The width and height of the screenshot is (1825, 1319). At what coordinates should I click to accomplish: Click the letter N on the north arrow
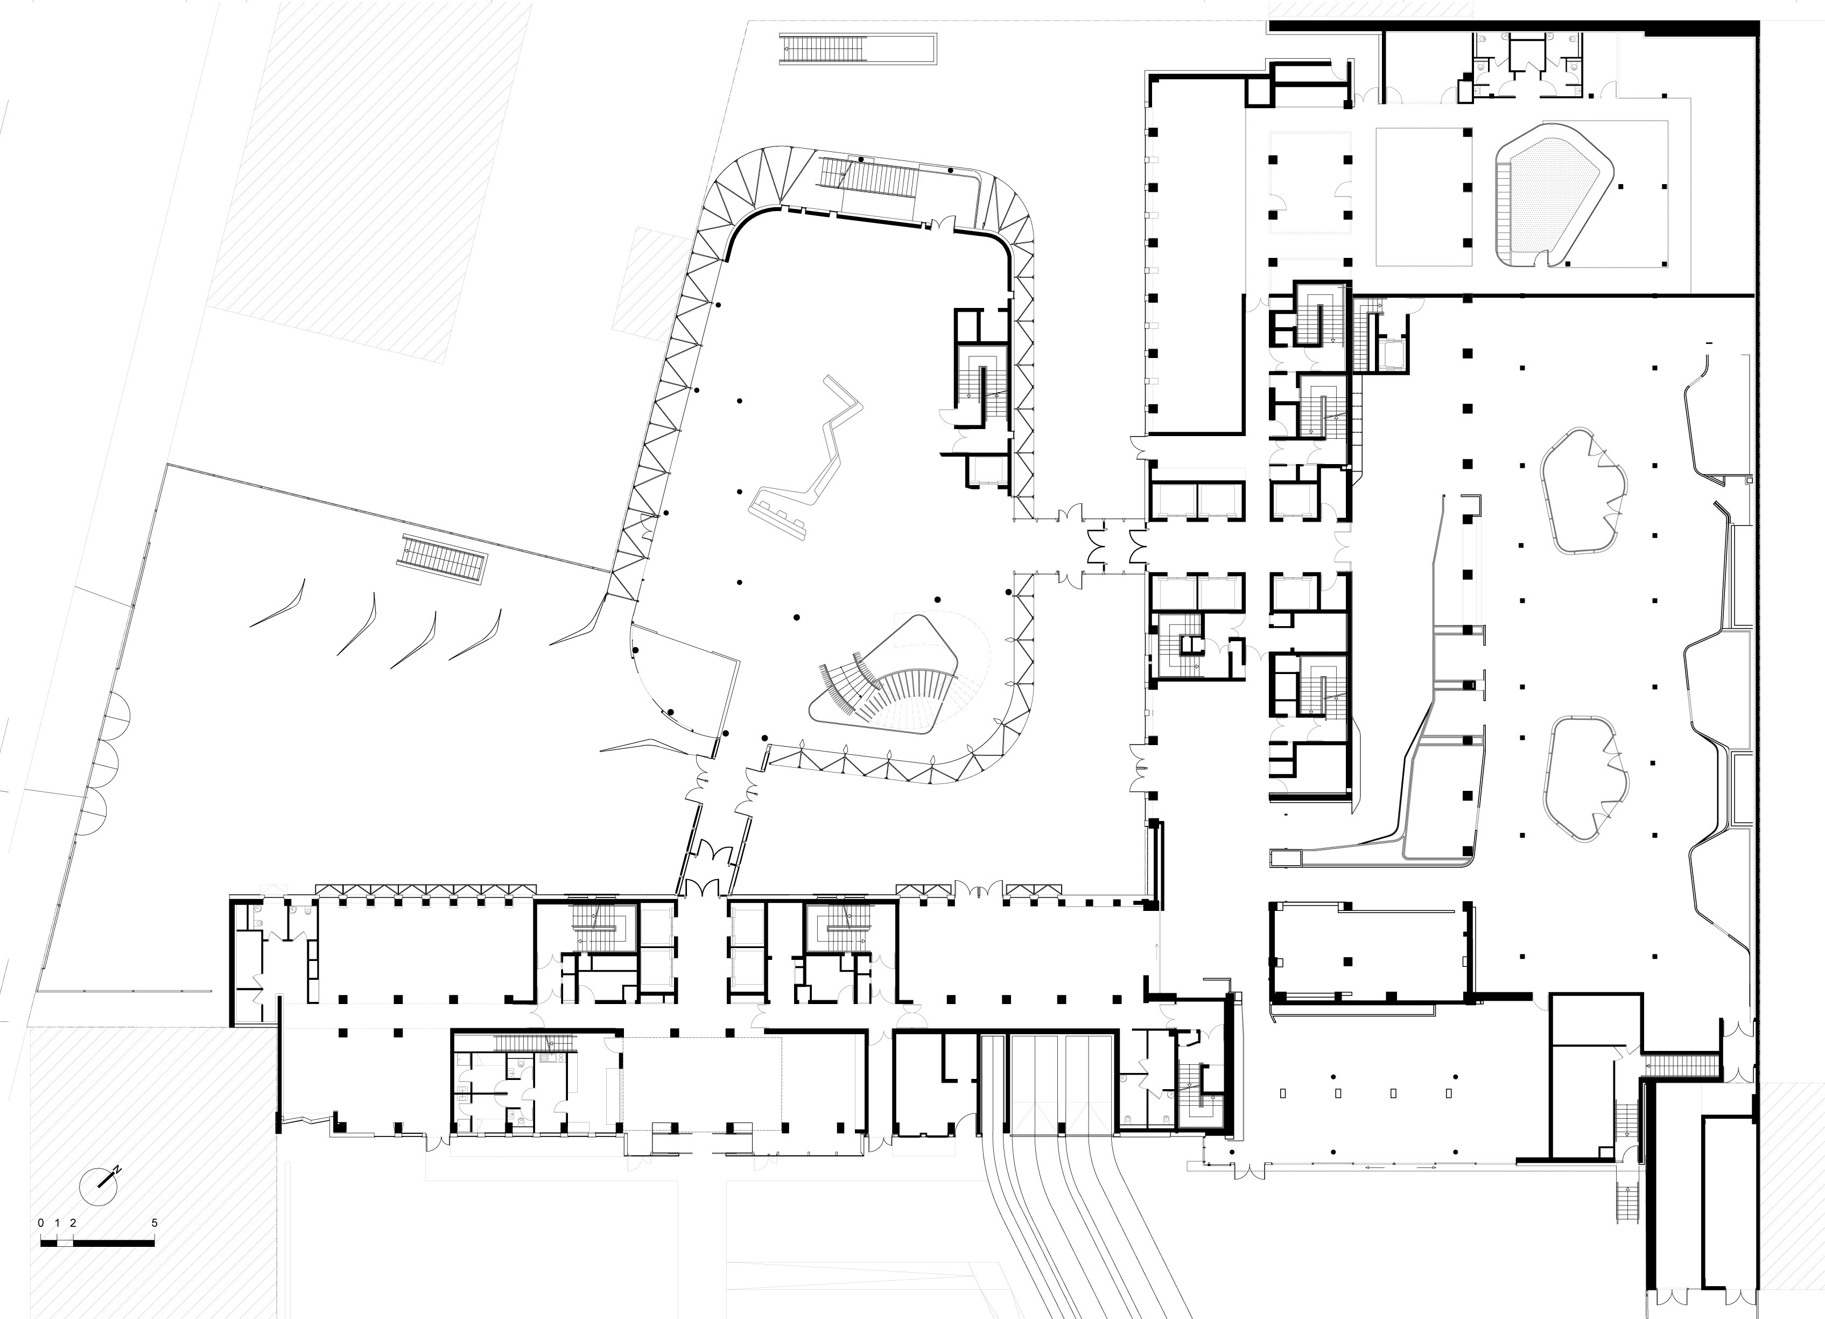tap(117, 1168)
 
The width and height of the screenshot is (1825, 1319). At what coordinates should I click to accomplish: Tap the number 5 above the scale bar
tap(155, 1223)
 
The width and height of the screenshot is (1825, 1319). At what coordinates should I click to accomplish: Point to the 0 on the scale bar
tap(41, 1223)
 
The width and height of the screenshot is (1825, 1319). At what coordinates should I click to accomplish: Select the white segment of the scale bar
tap(65, 1243)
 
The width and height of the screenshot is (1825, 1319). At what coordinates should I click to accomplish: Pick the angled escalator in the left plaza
tap(445, 558)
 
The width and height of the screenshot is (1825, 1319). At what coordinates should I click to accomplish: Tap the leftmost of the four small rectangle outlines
tap(1283, 1093)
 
